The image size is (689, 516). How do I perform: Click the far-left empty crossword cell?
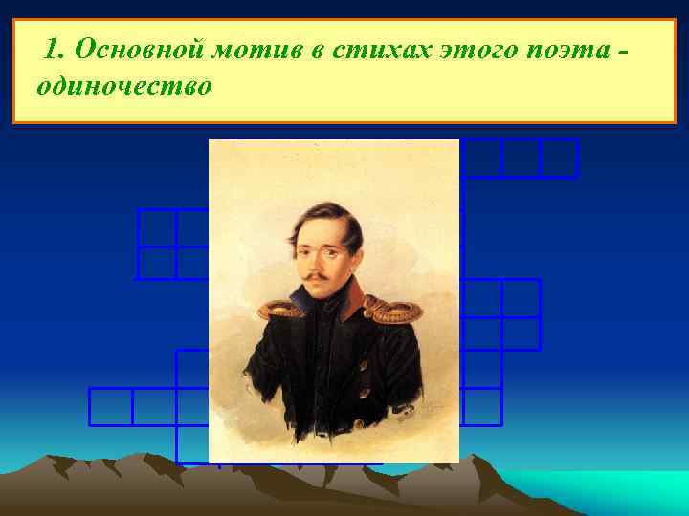(x=110, y=406)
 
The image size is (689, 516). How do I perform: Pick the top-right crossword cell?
(x=559, y=158)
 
